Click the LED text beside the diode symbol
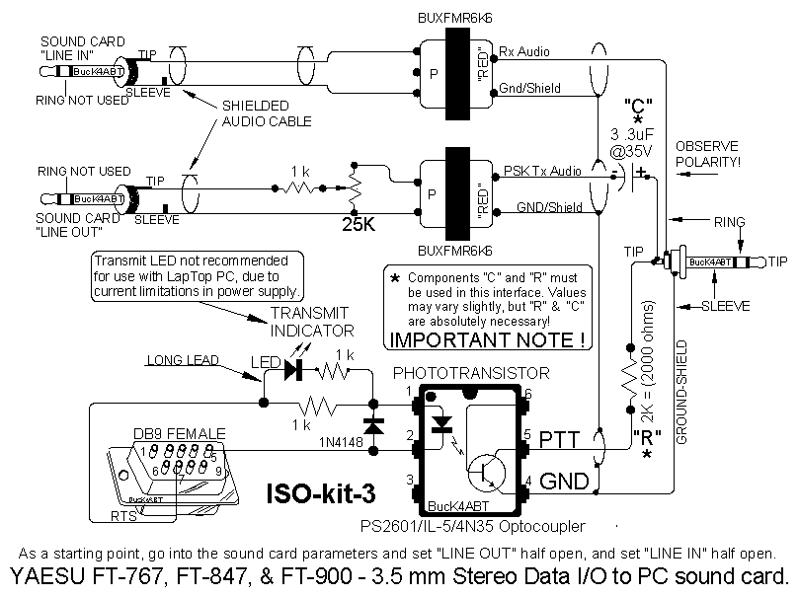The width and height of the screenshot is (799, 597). coord(264,363)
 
